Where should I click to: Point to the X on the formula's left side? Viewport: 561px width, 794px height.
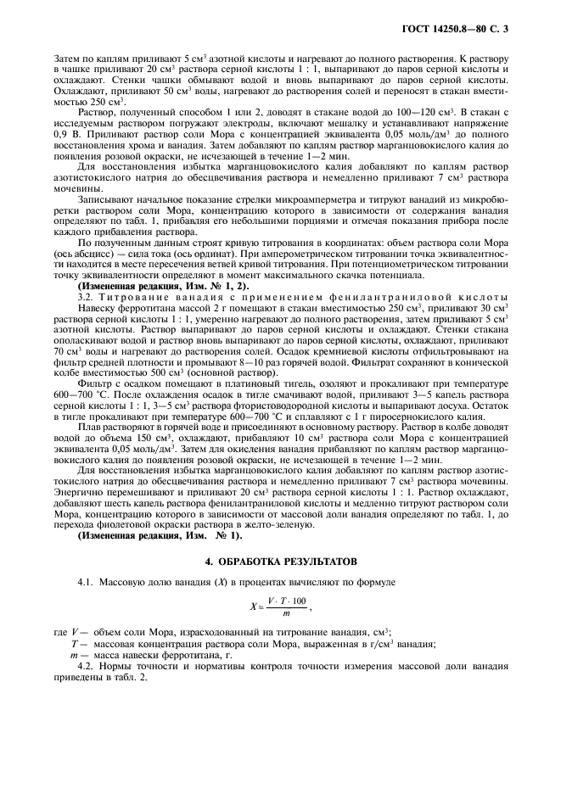coord(252,606)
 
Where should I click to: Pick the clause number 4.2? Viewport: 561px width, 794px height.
coord(87,667)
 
